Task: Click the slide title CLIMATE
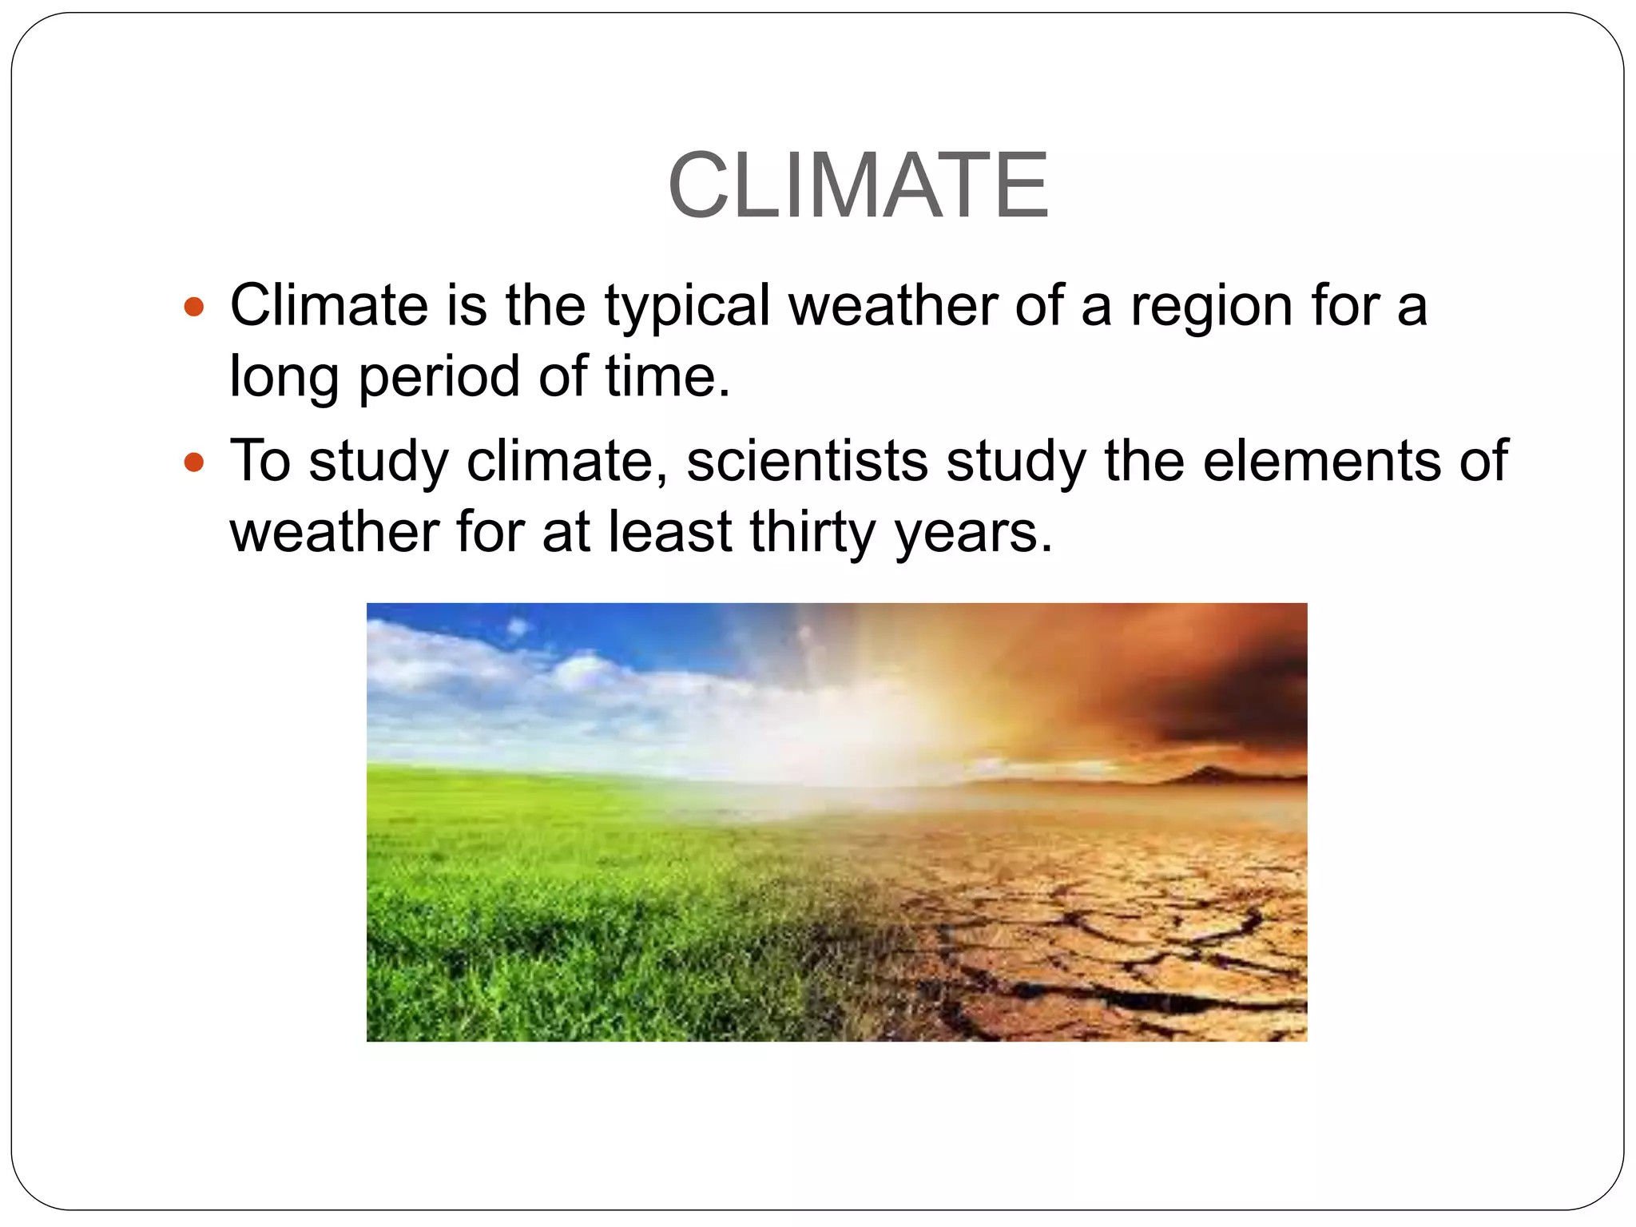click(858, 185)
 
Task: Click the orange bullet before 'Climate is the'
click(194, 307)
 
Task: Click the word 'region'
click(1211, 307)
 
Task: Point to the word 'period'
click(439, 376)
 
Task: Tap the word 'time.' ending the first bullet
click(667, 376)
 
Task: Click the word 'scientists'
click(807, 461)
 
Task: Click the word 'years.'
click(975, 532)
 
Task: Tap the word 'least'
click(669, 532)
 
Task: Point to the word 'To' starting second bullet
click(260, 461)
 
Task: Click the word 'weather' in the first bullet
click(893, 307)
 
